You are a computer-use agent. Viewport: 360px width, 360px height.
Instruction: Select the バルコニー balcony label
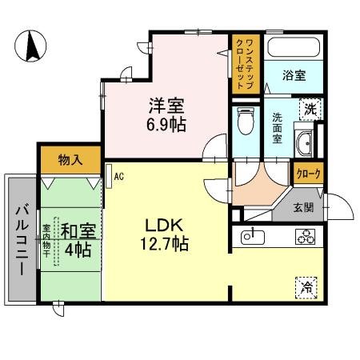[21, 239]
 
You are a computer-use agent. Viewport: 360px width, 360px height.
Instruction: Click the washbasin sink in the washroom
[304, 145]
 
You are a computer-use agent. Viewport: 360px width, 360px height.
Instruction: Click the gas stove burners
[304, 237]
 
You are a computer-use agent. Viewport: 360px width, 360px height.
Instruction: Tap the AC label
[118, 175]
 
